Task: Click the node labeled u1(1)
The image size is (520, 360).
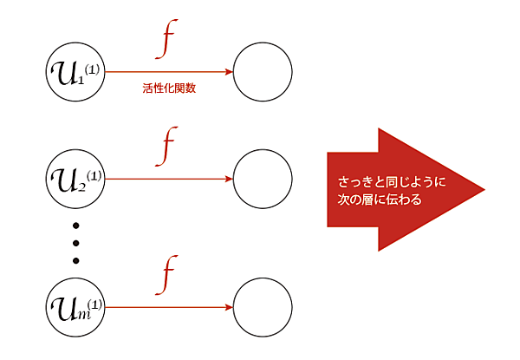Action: [75, 72]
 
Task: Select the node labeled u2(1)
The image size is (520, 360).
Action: [75, 179]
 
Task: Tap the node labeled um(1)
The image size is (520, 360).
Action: [75, 307]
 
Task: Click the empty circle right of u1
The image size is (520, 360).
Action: [263, 72]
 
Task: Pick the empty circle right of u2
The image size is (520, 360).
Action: [263, 179]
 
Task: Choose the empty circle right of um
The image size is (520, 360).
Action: [263, 307]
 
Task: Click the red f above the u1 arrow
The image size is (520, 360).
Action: [166, 39]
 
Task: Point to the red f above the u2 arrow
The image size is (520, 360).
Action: [166, 147]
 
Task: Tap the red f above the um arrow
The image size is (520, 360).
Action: [166, 275]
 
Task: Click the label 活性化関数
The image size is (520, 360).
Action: [169, 88]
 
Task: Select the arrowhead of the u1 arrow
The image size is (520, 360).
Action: [229, 72]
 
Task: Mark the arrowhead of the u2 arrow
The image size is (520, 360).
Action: [229, 179]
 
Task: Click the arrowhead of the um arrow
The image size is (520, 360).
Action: [229, 307]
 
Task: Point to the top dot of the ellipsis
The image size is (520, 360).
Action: [75, 226]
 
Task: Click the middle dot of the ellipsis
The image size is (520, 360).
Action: [75, 243]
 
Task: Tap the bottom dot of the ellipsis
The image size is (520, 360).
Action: [75, 260]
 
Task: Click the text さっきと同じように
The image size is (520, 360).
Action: [392, 182]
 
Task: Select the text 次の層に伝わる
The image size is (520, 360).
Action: [380, 200]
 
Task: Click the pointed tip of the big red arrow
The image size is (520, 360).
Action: [484, 190]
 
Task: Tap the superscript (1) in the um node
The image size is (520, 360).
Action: [94, 304]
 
